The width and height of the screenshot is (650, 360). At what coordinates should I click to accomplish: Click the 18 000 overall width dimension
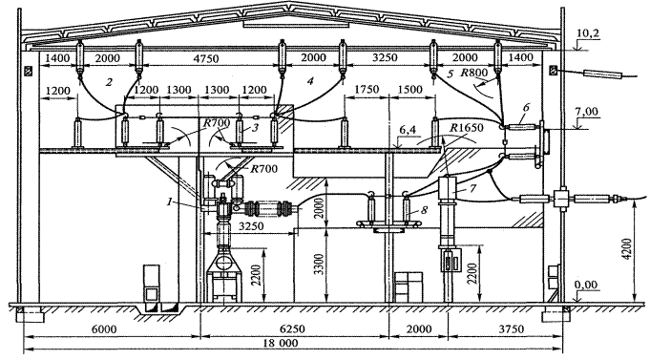(x=281, y=344)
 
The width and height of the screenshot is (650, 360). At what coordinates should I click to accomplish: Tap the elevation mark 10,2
(x=588, y=33)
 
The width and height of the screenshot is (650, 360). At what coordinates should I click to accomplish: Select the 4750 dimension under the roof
(x=206, y=58)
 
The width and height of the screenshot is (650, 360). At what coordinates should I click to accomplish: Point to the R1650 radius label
(x=467, y=127)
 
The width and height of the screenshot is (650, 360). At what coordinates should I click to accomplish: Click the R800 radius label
(x=474, y=74)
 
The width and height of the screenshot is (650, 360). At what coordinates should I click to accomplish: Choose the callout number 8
(x=424, y=210)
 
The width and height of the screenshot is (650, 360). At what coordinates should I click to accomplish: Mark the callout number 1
(x=169, y=202)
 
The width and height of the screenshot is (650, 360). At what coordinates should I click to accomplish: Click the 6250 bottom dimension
(x=293, y=329)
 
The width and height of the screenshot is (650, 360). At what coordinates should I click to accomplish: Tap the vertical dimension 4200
(x=627, y=249)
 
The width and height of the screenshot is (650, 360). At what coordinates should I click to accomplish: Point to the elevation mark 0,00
(x=586, y=285)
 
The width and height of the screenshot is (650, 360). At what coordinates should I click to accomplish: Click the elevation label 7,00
(x=587, y=111)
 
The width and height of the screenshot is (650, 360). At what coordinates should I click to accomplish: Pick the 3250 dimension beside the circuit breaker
(x=252, y=226)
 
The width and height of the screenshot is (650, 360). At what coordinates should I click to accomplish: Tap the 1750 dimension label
(x=367, y=90)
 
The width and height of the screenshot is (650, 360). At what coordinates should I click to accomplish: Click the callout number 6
(x=526, y=107)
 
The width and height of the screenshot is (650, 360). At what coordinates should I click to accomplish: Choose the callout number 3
(x=256, y=128)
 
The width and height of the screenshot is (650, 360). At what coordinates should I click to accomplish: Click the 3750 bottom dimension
(x=511, y=329)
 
